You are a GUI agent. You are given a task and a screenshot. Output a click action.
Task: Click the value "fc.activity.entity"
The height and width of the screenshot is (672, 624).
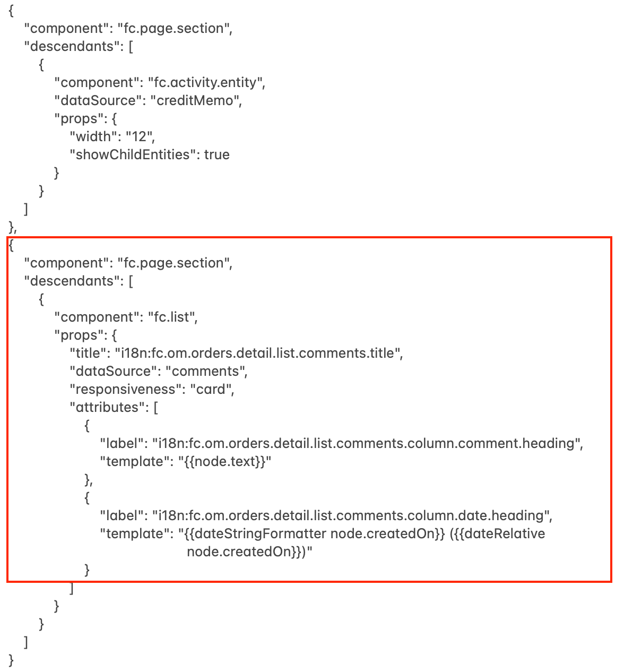coord(206,82)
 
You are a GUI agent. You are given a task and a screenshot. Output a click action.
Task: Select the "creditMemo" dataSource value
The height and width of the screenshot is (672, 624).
coord(196,100)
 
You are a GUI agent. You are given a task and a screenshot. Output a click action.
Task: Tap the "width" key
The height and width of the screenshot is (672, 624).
coord(94,136)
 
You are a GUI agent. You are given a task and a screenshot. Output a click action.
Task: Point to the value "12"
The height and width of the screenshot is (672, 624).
coord(139,136)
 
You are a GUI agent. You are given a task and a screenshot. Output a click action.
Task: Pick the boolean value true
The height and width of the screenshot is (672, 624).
coord(216,154)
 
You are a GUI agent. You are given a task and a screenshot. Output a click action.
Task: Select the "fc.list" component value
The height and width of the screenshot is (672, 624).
coord(172,317)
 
